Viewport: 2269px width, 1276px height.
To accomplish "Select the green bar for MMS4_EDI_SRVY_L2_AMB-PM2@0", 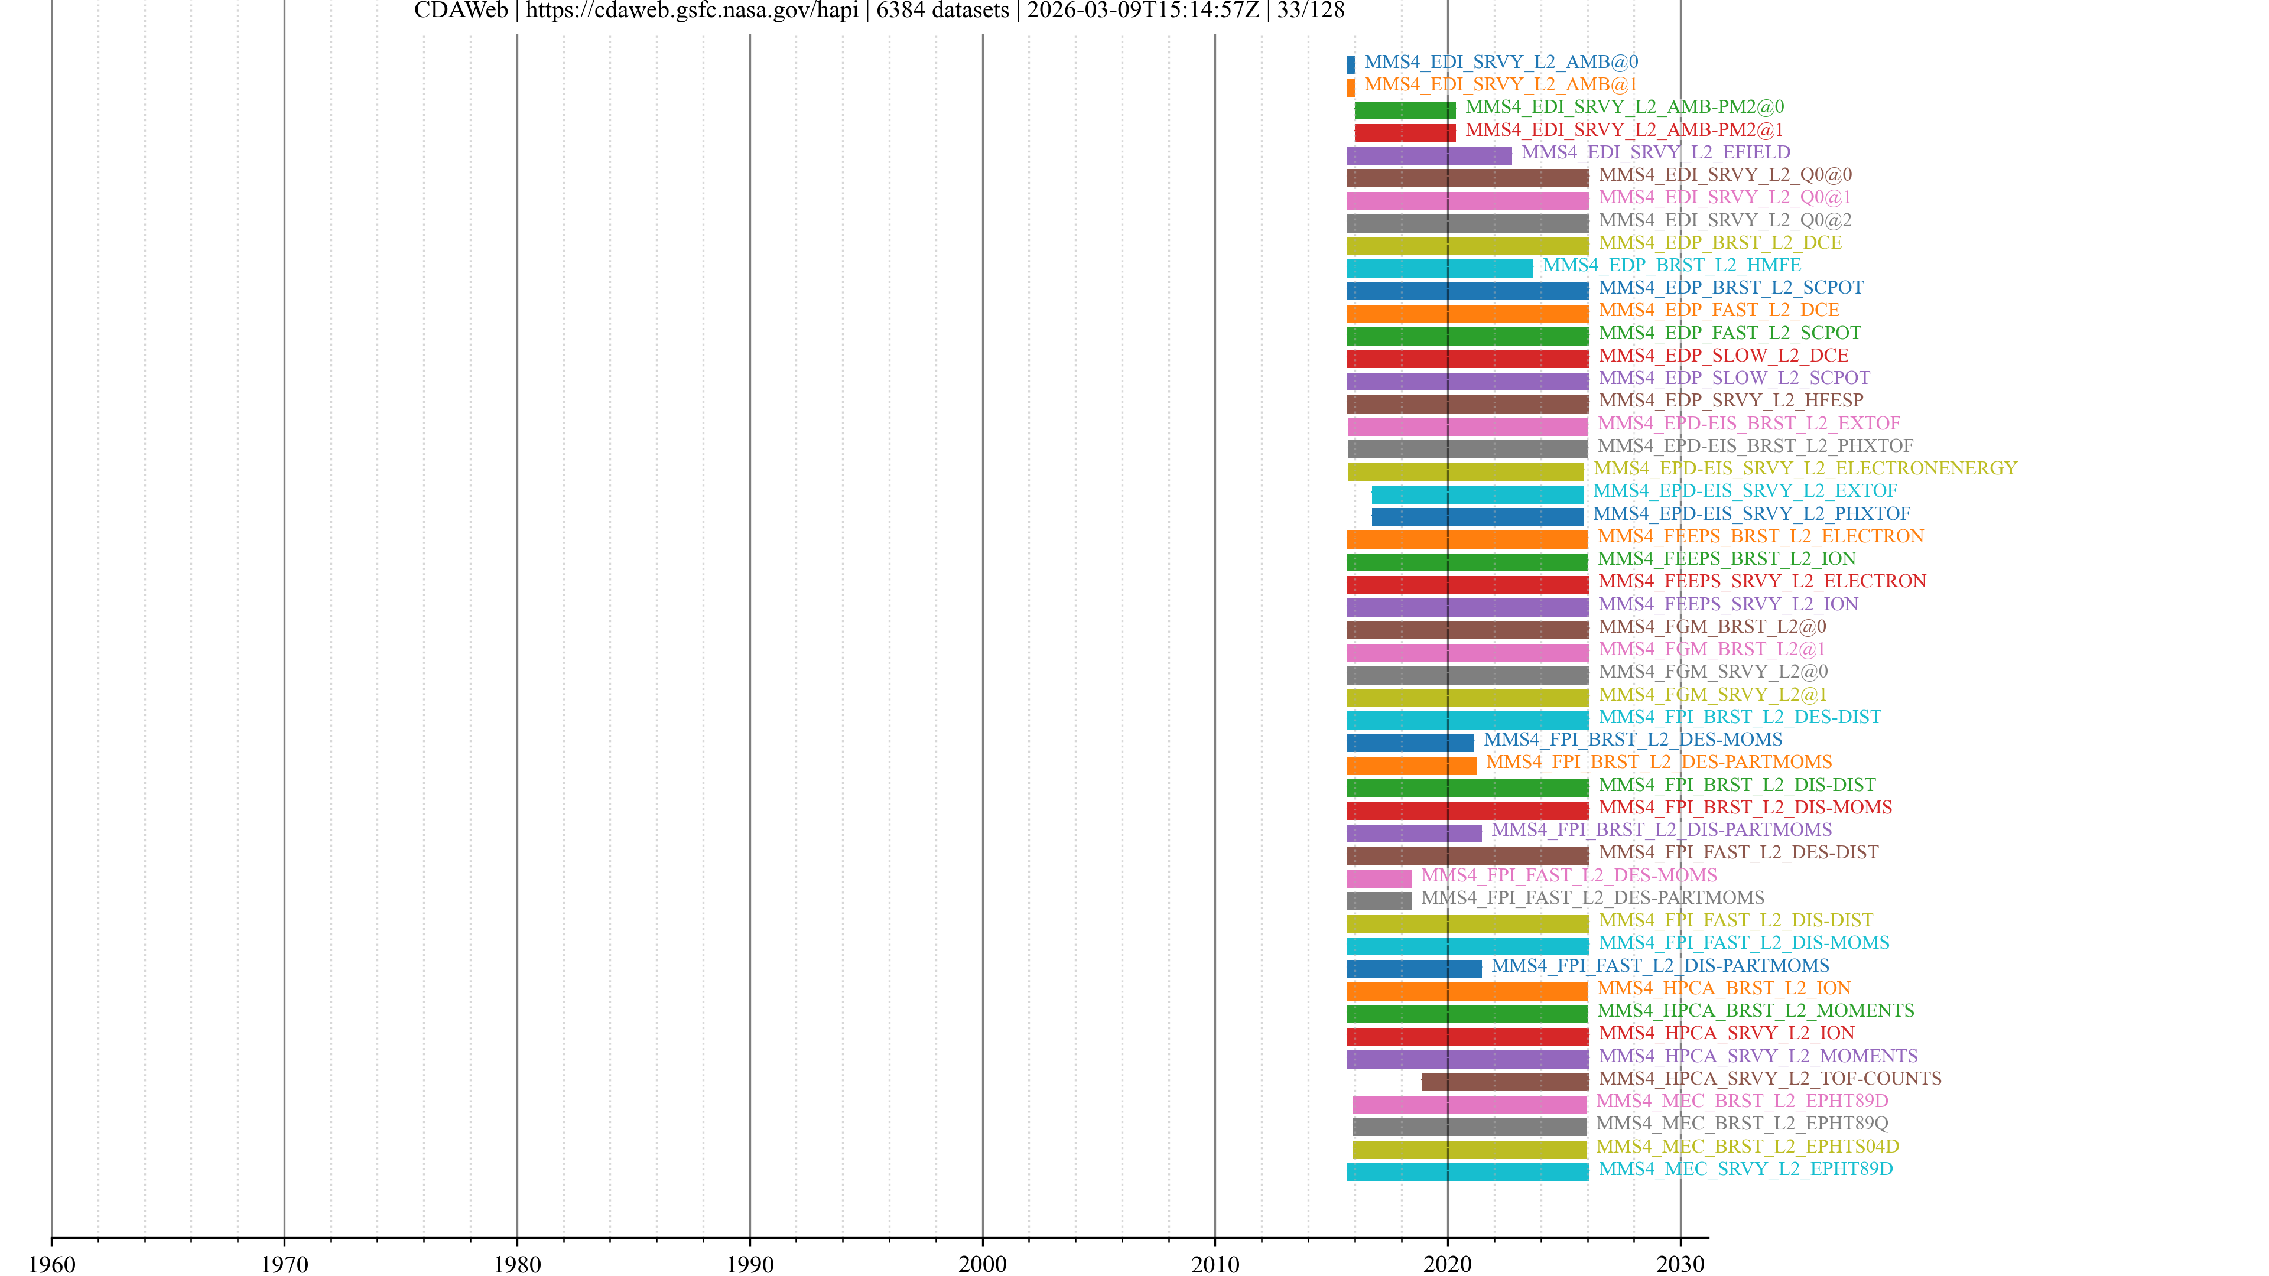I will coord(1405,110).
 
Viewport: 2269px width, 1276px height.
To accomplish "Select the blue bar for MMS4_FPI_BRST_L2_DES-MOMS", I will coord(1409,743).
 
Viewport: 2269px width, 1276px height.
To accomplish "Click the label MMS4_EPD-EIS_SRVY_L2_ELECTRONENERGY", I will coord(1805,468).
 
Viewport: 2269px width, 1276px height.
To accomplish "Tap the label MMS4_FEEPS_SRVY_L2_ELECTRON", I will coord(1761,581).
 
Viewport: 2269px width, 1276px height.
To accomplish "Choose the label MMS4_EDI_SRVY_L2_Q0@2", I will coord(1725,220).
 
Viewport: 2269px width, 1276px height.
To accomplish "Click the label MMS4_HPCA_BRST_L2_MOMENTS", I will coord(1756,1011).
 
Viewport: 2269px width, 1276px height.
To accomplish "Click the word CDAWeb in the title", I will coord(461,11).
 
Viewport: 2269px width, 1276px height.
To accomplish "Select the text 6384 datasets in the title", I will coord(942,11).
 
